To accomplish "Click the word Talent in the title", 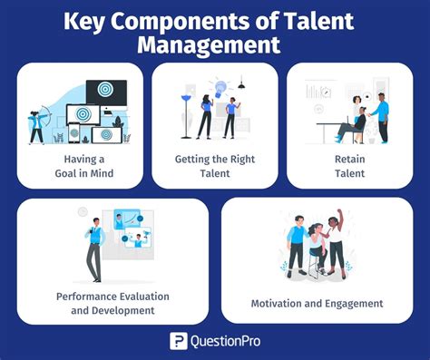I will click(x=310, y=19).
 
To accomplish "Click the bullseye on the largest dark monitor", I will click(x=106, y=92).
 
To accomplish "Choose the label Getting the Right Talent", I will click(x=215, y=164).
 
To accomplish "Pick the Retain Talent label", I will click(x=349, y=164).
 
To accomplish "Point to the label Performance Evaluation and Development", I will click(x=112, y=303).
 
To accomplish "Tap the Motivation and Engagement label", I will click(x=317, y=303).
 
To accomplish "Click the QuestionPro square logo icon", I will click(x=179, y=341).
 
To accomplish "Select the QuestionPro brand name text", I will click(x=225, y=341).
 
